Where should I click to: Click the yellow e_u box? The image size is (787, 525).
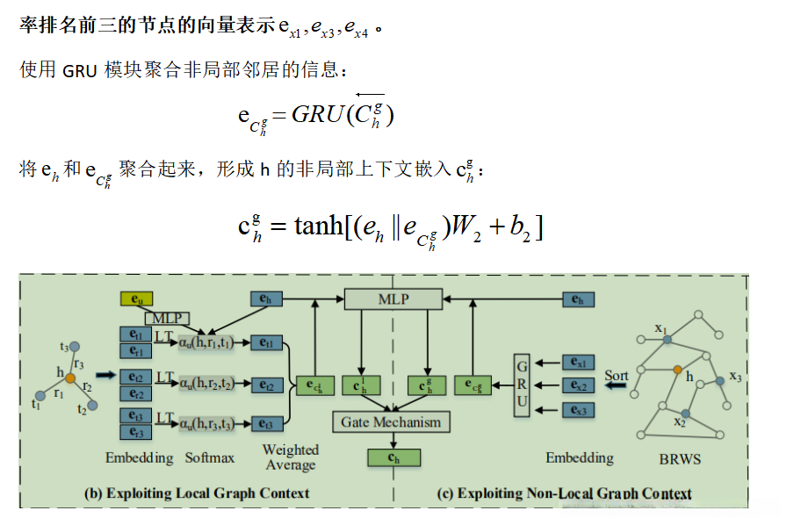coord(135,300)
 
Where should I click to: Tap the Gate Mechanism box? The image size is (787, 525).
coord(391,422)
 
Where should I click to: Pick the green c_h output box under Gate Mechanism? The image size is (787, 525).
coord(391,457)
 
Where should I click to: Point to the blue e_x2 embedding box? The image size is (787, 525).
coord(578,385)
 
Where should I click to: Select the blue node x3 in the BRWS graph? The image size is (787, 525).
coord(719,379)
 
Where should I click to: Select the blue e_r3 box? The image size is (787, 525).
coord(136,433)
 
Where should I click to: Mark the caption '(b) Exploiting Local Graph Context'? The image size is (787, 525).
coord(196,493)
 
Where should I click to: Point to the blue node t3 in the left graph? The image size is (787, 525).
coord(75,346)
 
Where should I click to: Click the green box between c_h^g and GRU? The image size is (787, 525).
coord(472,385)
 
